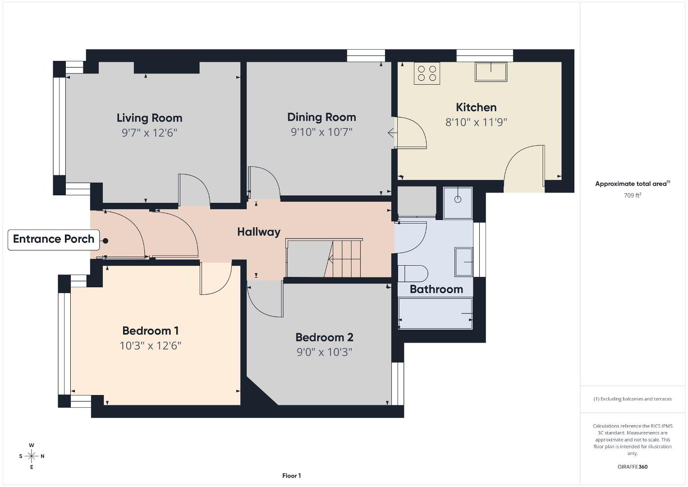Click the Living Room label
pos(149,118)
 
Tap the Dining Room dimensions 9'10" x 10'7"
pos(321,132)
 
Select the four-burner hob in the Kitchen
pos(427,73)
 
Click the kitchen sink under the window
pos(491,72)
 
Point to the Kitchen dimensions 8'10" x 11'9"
pos(476,122)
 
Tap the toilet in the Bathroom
pos(413,273)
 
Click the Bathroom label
pos(436,289)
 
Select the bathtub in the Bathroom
pos(435,313)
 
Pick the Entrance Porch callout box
pos(54,239)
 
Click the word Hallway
pos(259,232)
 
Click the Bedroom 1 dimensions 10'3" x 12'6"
pos(150,346)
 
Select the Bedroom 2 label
pos(324,337)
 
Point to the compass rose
pos(32,456)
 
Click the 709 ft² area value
pos(633,195)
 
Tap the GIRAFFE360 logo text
pos(633,467)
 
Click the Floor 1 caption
pos(292,476)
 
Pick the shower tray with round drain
pos(458,203)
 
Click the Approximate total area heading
pos(633,184)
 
